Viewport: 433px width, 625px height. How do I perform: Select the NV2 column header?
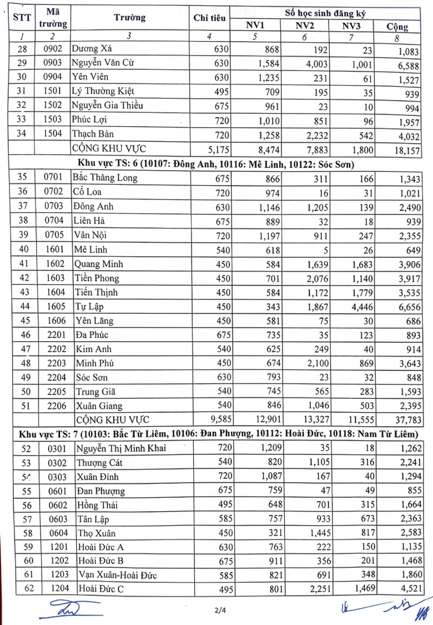coord(305,25)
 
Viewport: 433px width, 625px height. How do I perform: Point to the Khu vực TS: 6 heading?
coord(216,164)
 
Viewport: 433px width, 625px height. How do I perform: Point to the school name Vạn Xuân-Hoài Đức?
coord(117,576)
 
